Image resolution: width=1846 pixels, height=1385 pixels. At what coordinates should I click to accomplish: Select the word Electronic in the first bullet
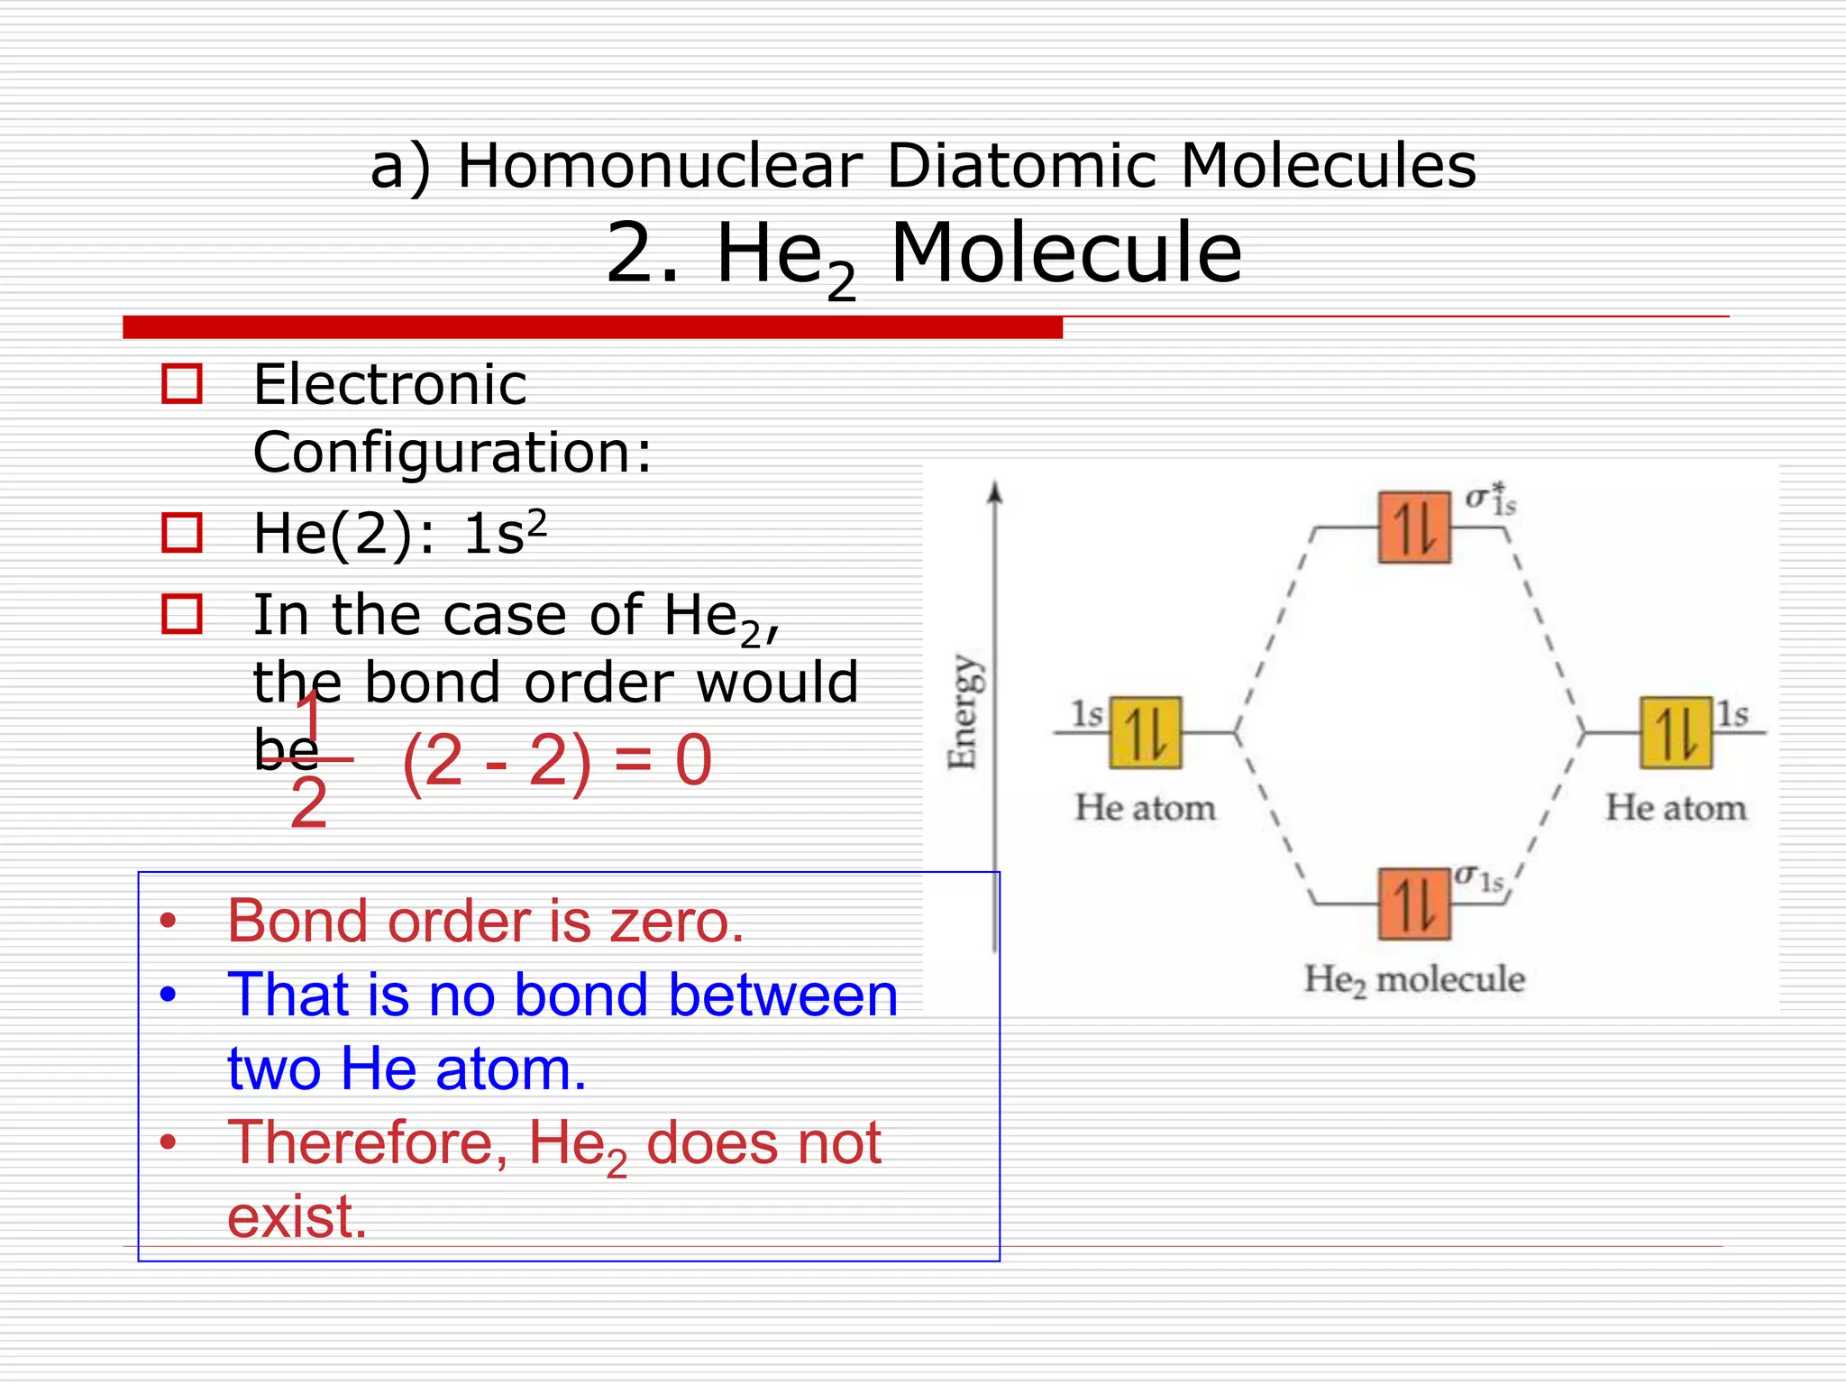pos(389,385)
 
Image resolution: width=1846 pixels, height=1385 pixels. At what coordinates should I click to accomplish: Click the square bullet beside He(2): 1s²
pos(181,533)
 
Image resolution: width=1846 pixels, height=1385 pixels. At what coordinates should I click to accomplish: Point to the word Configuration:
pos(452,453)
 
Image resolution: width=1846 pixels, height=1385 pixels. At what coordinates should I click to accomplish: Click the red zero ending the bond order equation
pos(693,761)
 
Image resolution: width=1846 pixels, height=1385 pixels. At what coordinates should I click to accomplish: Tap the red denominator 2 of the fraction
pos(308,803)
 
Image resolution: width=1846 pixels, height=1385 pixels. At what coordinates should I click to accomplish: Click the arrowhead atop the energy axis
pos(994,492)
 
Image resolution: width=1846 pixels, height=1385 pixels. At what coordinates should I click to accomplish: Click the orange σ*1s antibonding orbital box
pos(1413,527)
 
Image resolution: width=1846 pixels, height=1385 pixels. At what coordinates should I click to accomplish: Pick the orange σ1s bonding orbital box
pos(1413,903)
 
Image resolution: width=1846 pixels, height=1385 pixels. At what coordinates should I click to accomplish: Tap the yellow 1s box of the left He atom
pos(1145,732)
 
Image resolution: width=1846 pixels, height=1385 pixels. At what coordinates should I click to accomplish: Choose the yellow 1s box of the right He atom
pos(1675,732)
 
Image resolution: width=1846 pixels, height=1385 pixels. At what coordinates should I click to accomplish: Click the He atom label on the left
pos(1145,808)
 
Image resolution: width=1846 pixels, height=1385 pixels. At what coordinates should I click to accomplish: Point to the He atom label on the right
pos(1675,808)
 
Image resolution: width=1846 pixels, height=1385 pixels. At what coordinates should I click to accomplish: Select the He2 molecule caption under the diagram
pos(1413,979)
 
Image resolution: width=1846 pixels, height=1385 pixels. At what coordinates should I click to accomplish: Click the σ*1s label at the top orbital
pos(1490,499)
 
